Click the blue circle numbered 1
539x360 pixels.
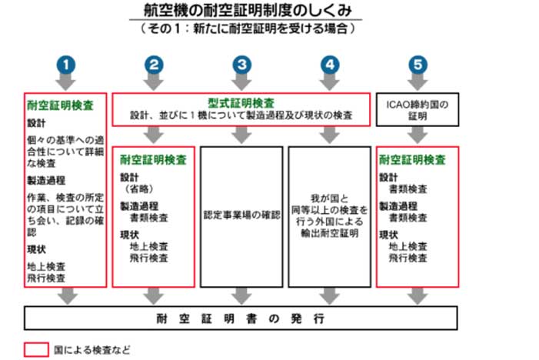coord(66,65)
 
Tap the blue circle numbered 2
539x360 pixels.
coord(154,65)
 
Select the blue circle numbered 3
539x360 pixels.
coord(241,65)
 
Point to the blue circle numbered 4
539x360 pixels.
coord(330,65)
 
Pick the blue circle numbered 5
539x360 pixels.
coord(418,65)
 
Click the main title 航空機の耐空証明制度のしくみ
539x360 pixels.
coord(248,10)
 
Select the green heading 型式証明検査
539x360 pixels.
coord(241,103)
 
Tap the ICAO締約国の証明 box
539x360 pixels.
coord(418,110)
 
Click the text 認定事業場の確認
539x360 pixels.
coord(241,215)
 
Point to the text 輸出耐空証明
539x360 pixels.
coord(330,233)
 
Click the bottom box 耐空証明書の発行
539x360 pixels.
coord(241,318)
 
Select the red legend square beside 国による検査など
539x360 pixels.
coord(36,350)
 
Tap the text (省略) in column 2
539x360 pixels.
coord(139,188)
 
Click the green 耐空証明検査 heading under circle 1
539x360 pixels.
coord(60,105)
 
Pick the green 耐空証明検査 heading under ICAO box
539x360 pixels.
coord(412,159)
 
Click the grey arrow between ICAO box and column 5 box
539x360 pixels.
coord(418,135)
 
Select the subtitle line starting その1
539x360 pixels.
coord(248,28)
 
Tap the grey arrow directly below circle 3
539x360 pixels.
coord(241,82)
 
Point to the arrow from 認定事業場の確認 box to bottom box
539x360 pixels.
coord(241,296)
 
